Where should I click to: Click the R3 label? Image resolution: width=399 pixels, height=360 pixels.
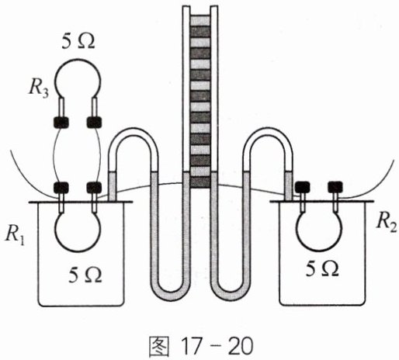coord(38,89)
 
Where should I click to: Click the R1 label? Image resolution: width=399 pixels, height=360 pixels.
coord(16,237)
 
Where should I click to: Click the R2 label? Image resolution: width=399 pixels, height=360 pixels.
coord(387,223)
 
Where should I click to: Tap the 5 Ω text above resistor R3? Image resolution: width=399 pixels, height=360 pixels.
coord(78,41)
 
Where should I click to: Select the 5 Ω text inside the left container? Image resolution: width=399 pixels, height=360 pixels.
coord(85,275)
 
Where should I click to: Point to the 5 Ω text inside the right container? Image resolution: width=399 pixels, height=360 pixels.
coord(322,268)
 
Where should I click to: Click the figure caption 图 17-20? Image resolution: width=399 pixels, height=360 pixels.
coord(200,346)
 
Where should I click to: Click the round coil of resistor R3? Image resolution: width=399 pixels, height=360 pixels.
coord(78,60)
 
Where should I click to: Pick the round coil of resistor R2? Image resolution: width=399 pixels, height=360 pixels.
coord(320,250)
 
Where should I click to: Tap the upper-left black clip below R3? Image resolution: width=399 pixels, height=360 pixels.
coord(61,123)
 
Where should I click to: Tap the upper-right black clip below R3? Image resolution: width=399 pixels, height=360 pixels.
coord(94,123)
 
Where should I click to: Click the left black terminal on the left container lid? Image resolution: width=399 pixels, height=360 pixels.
coord(61,188)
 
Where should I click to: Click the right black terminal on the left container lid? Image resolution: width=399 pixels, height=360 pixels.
coord(94,188)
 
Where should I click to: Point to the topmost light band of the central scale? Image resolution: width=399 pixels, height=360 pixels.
coord(199,20)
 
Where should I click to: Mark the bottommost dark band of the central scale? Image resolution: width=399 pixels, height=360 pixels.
coord(199,182)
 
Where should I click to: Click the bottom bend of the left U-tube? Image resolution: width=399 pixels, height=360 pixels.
coord(168,296)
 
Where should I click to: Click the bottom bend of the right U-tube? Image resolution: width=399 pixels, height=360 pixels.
coord(231,296)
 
